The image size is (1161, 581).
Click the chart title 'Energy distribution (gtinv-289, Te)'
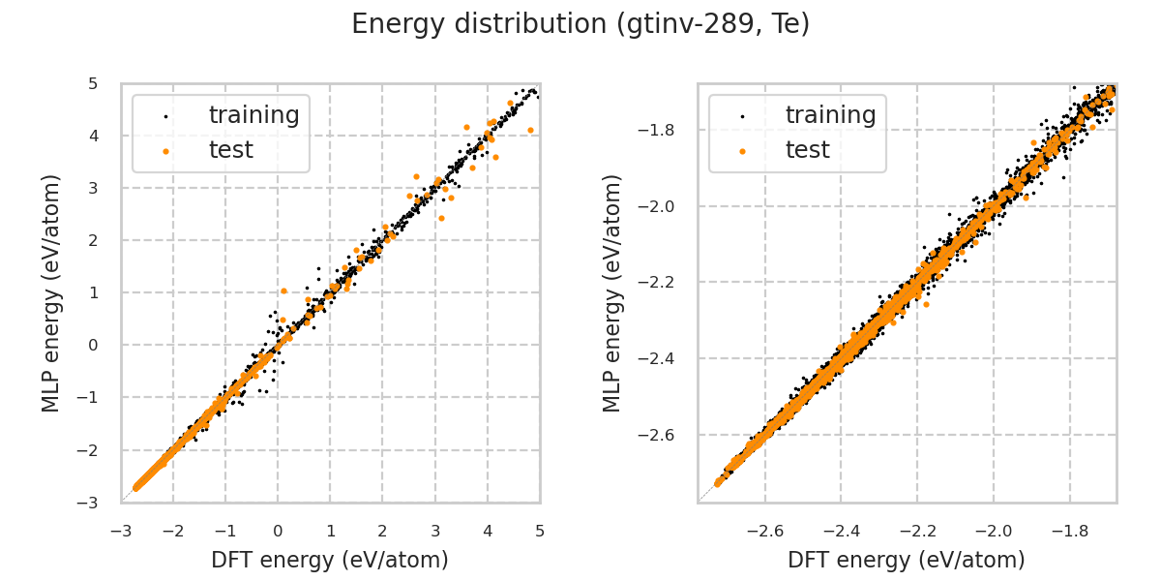pos(580,24)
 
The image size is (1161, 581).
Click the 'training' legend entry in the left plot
pos(253,115)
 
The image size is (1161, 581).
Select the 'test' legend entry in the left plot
pos(230,150)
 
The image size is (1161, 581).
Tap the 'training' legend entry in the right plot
pos(830,115)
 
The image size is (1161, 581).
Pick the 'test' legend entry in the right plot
pos(807,150)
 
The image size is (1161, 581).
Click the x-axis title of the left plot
pos(330,560)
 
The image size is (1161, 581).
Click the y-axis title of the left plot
pos(51,292)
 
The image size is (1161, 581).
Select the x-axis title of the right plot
pos(907,560)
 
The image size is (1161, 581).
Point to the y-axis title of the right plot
pos(612,292)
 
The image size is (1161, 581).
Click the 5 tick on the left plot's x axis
pos(540,531)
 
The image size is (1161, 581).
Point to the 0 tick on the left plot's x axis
pos(278,531)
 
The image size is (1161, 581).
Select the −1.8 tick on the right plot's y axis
pos(668,130)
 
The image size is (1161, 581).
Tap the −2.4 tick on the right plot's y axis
pos(668,358)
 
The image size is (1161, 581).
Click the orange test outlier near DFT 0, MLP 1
pos(283,290)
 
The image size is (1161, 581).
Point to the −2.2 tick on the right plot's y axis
pos(668,282)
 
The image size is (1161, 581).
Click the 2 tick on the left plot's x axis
pos(382,531)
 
